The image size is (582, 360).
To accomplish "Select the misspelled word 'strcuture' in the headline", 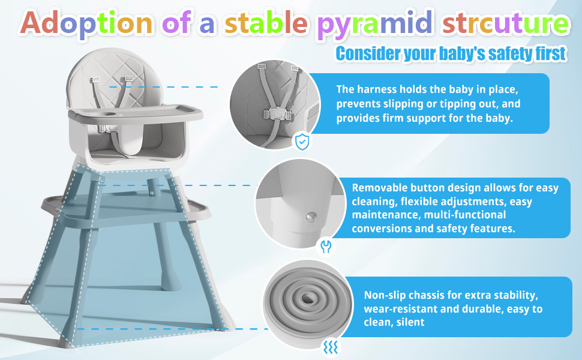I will point(514,24).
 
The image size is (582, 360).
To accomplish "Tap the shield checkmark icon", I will point(302,142).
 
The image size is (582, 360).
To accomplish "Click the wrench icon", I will point(326,246).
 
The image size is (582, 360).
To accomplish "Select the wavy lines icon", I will point(329,346).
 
